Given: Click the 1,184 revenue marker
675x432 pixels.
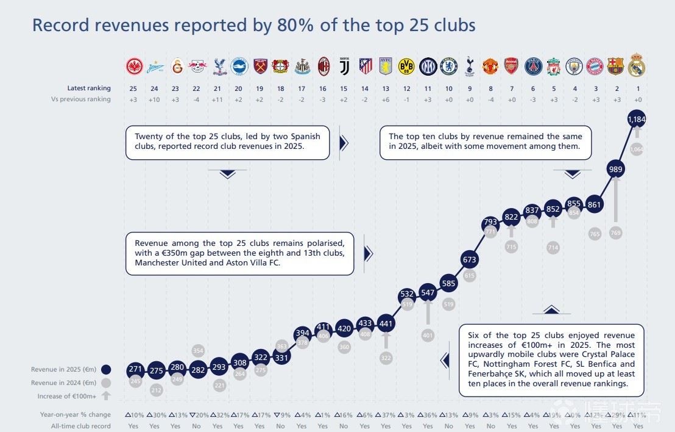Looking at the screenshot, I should (636, 120).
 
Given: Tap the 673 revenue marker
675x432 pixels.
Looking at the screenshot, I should (469, 259).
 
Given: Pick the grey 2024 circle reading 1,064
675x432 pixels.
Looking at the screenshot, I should (636, 149).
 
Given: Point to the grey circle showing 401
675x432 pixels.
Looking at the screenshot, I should (428, 335).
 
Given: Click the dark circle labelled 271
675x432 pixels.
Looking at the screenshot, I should (135, 370).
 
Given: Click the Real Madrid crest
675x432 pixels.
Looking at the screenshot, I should (636, 67).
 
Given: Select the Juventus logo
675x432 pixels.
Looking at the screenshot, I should (344, 66).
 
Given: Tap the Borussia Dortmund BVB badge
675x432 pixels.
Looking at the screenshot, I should (406, 66).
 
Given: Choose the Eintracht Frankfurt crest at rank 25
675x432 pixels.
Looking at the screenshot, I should (134, 66).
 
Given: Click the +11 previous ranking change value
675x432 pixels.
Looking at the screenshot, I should (217, 99).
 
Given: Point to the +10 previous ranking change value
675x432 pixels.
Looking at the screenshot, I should (155, 99).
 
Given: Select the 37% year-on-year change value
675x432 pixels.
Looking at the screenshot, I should (386, 415).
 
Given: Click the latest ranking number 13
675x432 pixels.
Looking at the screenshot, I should (386, 88).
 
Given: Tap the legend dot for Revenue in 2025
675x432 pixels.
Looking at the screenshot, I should (106, 369).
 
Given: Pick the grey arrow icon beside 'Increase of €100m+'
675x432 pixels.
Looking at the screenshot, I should (106, 396).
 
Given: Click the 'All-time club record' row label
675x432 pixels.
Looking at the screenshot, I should (81, 426).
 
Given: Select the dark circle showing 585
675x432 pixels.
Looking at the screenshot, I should (448, 283).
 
